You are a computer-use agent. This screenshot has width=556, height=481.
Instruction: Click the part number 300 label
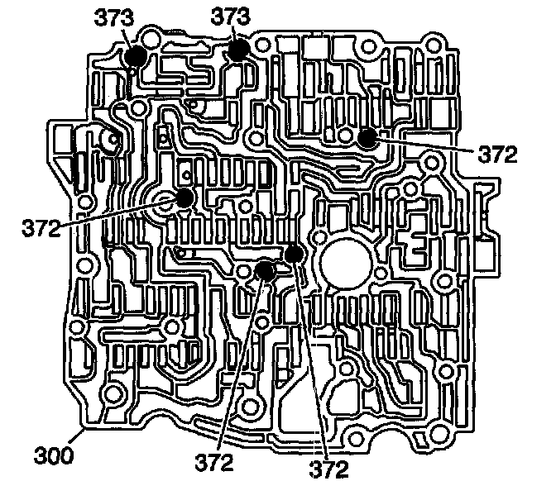[x=50, y=454]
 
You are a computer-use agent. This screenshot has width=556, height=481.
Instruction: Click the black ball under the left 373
[x=136, y=55]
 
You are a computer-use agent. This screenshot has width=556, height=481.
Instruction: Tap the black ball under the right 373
[x=239, y=49]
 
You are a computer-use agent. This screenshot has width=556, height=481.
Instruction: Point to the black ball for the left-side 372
[x=183, y=198]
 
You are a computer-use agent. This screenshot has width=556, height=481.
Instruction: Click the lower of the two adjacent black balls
[x=265, y=269]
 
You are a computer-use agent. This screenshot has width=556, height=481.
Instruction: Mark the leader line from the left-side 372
[x=116, y=211]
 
